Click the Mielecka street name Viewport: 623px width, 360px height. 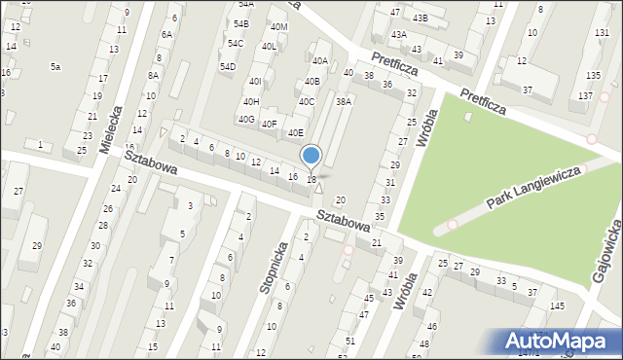tap(113, 130)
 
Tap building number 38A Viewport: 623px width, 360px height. tap(344, 100)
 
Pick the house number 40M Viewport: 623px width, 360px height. tap(279, 26)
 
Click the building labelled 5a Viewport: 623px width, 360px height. tap(55, 66)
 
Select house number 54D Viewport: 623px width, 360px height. tap(228, 66)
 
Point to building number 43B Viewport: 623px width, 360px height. tap(420, 18)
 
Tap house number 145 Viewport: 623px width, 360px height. tap(556, 306)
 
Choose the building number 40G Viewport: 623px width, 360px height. tap(246, 119)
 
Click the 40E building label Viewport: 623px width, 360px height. tap(295, 132)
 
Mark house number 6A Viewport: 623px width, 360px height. tap(166, 34)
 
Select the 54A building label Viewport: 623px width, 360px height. tap(245, 5)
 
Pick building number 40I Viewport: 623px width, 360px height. tap(255, 82)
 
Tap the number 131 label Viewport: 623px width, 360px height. tap(601, 33)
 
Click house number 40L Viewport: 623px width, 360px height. tap(270, 46)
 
